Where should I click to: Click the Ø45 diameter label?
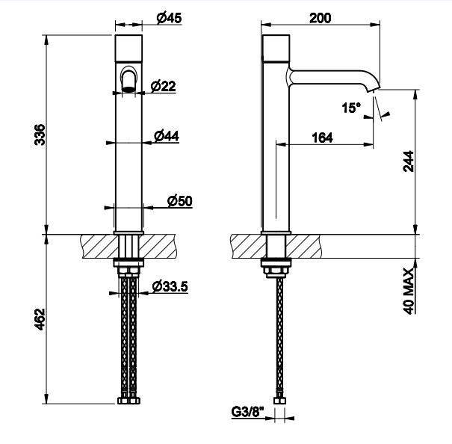169,18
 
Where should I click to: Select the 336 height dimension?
40,135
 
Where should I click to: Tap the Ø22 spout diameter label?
163,86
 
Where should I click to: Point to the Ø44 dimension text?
167,136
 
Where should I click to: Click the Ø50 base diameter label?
180,201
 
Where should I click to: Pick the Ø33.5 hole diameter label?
170,286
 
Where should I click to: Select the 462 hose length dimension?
40,319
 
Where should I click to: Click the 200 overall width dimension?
321,18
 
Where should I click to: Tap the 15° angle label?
351,108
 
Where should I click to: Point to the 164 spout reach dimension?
322,138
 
